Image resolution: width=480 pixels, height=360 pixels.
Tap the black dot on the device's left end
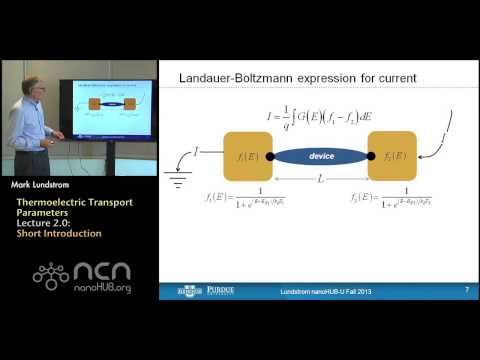(271, 157)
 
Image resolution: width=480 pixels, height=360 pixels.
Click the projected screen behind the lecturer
(113, 109)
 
